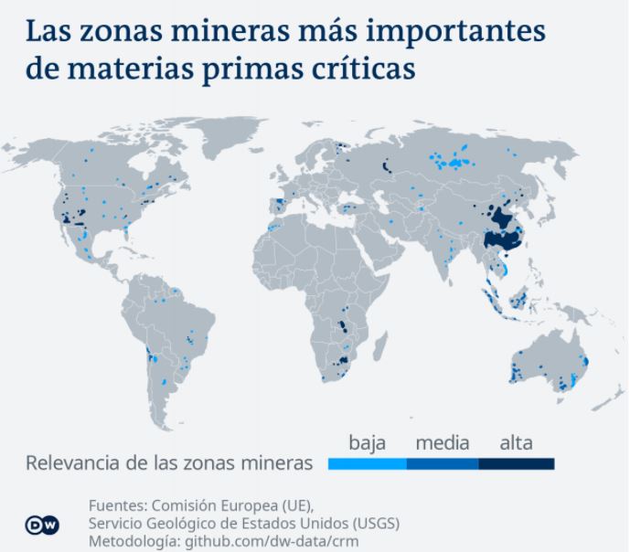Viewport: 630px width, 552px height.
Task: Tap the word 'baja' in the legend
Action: point(368,443)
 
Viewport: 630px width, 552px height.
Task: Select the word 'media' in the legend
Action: point(443,443)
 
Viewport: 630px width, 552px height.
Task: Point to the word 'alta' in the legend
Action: point(517,443)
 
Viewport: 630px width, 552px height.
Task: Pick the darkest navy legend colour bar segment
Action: point(517,463)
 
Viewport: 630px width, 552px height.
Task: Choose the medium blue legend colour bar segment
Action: point(443,463)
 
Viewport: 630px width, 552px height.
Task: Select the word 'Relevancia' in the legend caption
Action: point(74,463)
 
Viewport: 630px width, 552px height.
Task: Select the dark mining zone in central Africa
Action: point(344,329)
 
